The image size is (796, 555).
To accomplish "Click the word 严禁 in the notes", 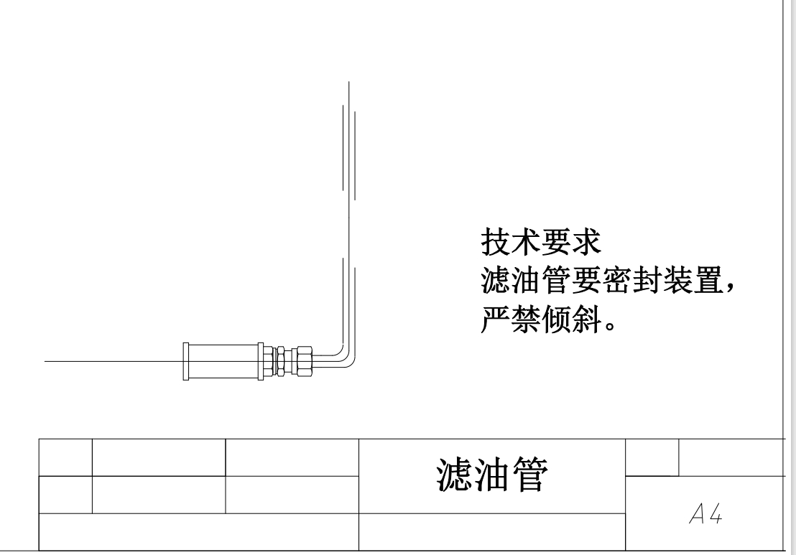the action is point(510,322).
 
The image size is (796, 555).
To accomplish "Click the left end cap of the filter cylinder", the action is point(187,361).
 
